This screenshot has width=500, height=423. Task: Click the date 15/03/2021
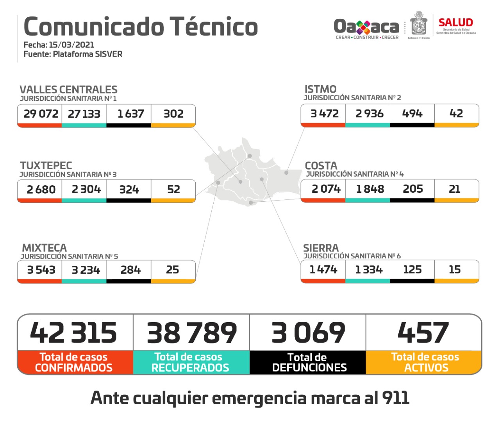coord(71,45)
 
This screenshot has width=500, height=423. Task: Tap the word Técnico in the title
coord(214,27)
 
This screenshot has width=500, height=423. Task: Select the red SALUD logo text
coord(455,23)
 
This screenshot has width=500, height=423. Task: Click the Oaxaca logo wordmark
coord(366,27)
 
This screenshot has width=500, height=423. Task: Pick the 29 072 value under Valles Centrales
coord(41,114)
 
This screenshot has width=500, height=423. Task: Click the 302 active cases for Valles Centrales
coord(173,114)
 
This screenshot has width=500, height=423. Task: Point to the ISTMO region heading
coord(320,89)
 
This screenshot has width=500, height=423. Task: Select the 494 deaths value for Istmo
coord(412,113)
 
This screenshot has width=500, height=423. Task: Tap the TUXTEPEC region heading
coord(46,165)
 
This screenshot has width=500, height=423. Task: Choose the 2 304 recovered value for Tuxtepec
coord(86,189)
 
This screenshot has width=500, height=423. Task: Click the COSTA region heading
coord(321,165)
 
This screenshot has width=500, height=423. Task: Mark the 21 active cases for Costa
coord(454,189)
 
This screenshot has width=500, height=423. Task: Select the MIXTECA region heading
coord(45,248)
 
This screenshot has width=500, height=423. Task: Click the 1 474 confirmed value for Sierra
coord(323,269)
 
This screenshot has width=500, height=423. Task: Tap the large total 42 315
coord(73,333)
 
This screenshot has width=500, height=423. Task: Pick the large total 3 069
coord(308,333)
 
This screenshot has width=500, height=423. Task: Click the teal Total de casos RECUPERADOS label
coord(191,362)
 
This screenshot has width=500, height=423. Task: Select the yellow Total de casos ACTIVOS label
coord(425,362)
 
